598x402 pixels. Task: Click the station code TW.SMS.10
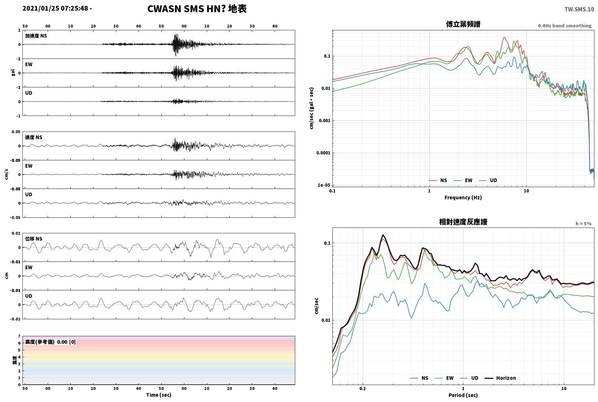coord(579,9)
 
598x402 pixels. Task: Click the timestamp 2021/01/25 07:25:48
coord(55,8)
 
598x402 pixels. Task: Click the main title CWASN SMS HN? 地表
coord(197,9)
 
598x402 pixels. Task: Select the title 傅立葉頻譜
coord(463,24)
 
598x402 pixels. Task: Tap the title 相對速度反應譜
coord(463,222)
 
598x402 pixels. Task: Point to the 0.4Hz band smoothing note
coord(565,26)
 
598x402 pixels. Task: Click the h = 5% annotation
coord(583,224)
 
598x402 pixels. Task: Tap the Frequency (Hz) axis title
coord(463,198)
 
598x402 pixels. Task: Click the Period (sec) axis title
coord(463,395)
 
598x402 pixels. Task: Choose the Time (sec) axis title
coord(158,395)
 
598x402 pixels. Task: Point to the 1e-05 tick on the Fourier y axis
coord(324,185)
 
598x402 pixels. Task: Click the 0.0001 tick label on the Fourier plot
coord(323,153)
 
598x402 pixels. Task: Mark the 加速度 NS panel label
coord(36,36)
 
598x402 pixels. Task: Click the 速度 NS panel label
coord(34,137)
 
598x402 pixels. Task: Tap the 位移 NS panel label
coord(34,239)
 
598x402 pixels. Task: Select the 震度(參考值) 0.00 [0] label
coord(50,342)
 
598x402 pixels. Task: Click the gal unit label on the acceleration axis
coord(13,73)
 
